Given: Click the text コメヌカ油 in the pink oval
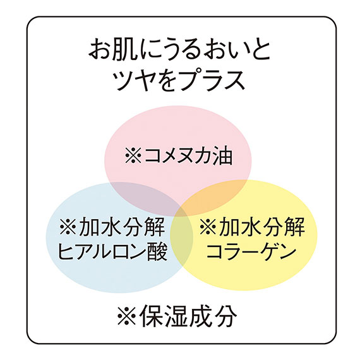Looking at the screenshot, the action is [x=188, y=155].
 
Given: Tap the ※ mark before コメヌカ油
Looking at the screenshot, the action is [x=133, y=155].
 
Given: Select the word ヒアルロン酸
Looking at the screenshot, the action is [x=112, y=252].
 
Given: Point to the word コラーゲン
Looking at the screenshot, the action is [x=251, y=251].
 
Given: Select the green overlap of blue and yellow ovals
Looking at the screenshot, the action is [x=181, y=239].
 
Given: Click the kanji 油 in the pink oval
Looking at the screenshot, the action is [x=222, y=155].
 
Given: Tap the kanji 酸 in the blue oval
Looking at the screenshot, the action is [x=157, y=252].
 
